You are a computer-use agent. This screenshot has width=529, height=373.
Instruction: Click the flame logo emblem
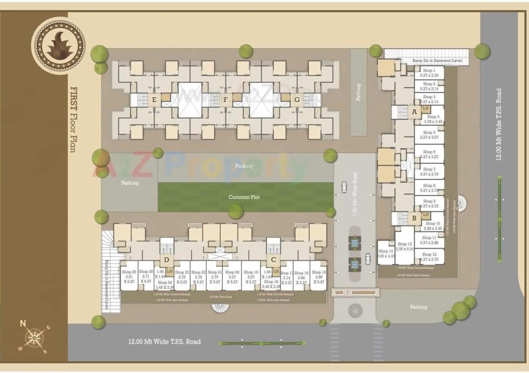pos(58,45)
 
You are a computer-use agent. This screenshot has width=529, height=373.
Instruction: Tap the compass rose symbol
pos(33,337)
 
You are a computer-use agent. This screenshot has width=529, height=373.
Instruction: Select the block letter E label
pos(154,100)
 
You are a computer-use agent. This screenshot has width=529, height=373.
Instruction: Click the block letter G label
pos(297,100)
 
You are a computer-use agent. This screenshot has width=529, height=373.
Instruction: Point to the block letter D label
pos(166,260)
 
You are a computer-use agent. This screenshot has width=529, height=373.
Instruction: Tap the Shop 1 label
pos(429,70)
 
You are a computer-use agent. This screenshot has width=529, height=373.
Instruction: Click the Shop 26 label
pos(129,272)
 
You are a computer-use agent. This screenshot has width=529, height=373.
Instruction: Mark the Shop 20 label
pos(232,272)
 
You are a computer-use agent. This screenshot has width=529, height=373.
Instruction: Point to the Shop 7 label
pos(429,169)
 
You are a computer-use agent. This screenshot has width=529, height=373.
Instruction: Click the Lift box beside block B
pos(426,214)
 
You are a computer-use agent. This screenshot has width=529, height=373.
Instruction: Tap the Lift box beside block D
pos(170,271)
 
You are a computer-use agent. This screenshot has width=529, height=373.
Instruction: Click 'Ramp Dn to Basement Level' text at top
pos(437,61)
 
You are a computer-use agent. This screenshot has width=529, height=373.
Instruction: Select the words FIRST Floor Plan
pos(73,119)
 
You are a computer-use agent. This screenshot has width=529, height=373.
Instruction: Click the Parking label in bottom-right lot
pos(418,307)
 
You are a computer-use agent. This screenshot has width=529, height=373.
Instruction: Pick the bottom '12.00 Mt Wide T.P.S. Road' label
pos(164,341)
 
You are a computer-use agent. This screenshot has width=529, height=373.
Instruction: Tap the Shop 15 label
pos(319,272)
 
